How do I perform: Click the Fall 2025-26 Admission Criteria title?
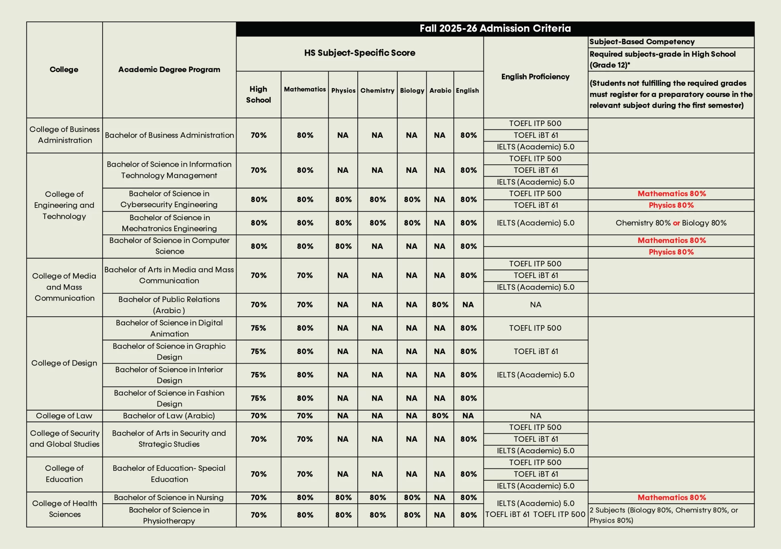(x=495, y=29)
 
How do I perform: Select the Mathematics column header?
(x=305, y=89)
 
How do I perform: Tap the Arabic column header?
(x=440, y=90)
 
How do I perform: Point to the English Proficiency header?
(x=535, y=77)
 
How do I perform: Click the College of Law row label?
(x=64, y=416)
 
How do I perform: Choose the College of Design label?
(x=64, y=363)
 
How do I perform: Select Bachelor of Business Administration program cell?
(x=169, y=135)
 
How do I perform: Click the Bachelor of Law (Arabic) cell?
(x=169, y=416)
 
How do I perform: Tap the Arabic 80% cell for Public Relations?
(x=440, y=305)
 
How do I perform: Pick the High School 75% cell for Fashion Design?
(x=259, y=398)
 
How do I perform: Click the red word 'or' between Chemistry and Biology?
(x=676, y=223)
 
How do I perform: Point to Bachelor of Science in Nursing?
(x=169, y=497)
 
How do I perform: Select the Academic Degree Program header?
(x=169, y=69)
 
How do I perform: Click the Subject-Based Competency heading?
(x=642, y=42)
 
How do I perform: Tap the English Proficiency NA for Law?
(x=535, y=416)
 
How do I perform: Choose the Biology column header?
(x=412, y=90)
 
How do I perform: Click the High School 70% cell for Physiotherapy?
(x=259, y=515)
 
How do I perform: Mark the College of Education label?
(x=64, y=474)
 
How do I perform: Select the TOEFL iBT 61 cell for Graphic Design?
(x=535, y=351)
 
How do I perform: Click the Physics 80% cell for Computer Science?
(x=343, y=246)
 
